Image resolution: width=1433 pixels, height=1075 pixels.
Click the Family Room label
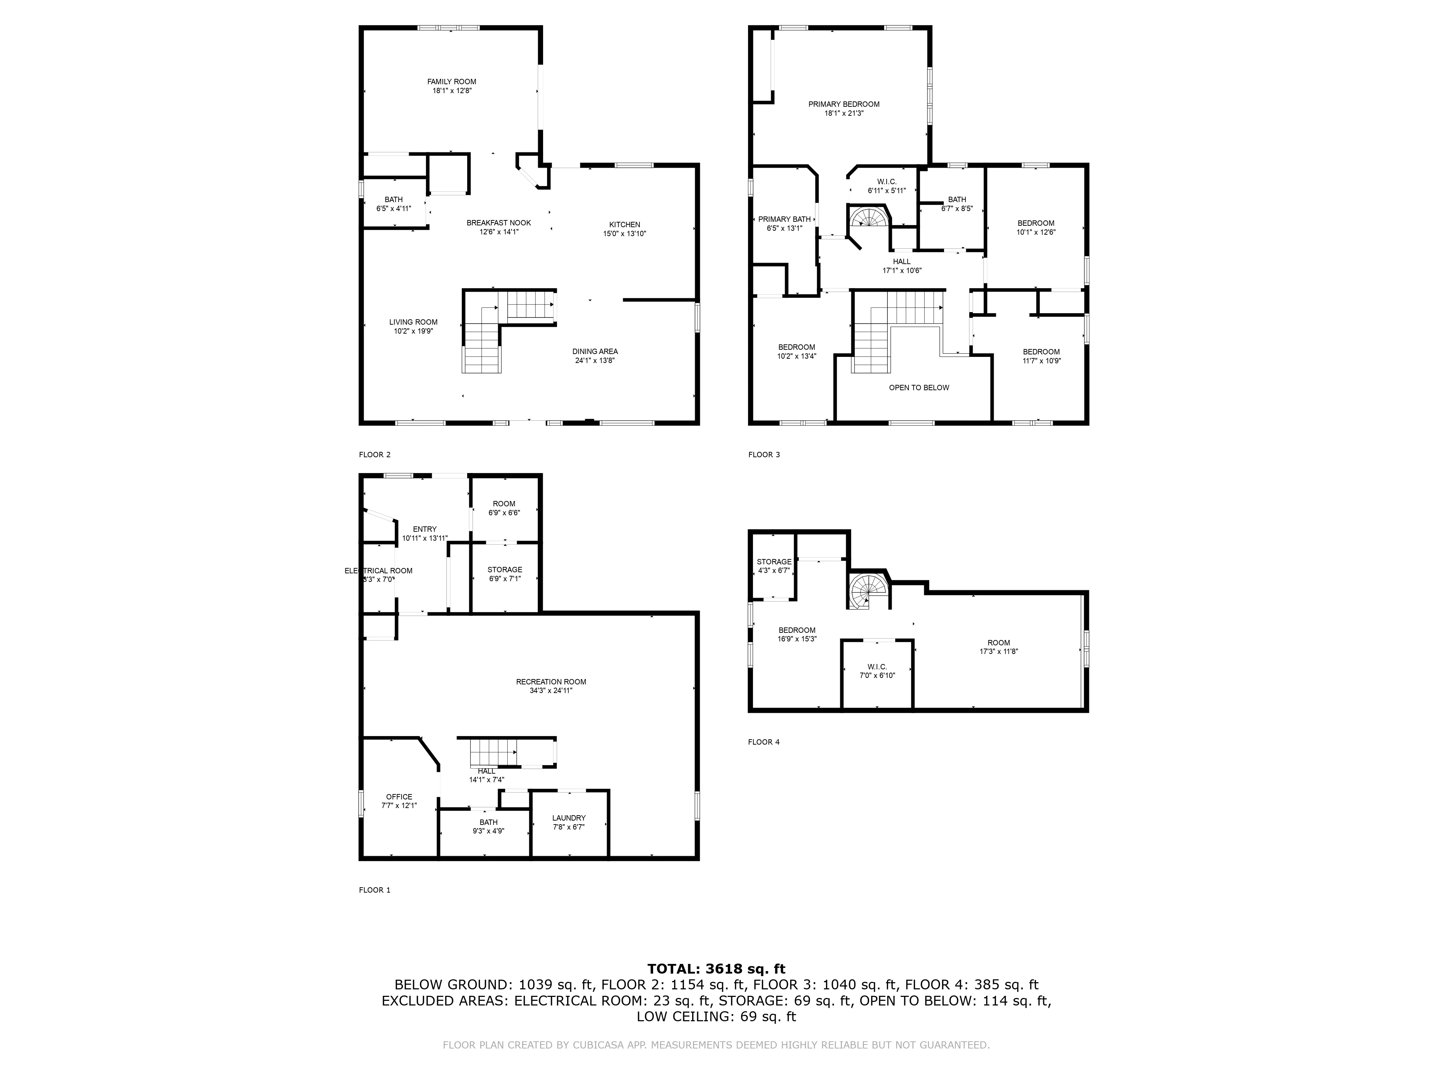click(x=451, y=82)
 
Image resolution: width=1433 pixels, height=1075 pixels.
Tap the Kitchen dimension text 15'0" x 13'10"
click(x=624, y=234)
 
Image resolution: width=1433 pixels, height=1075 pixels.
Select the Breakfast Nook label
click(x=499, y=223)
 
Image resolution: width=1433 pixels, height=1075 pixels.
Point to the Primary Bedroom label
click(x=843, y=104)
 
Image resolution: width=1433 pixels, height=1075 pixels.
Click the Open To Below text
click(x=919, y=387)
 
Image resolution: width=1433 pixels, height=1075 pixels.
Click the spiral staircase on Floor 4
click(x=868, y=590)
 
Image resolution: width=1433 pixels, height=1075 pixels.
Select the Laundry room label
click(x=569, y=818)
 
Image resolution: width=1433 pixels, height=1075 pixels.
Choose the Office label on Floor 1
click(x=399, y=797)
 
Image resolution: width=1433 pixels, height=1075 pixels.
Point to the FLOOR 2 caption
click(x=374, y=454)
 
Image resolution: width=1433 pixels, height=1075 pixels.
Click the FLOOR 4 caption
click(x=764, y=742)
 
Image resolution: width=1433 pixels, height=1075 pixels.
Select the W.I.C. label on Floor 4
click(x=877, y=667)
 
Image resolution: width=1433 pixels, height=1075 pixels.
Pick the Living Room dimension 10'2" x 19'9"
click(x=413, y=331)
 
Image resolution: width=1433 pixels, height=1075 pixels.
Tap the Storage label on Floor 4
click(x=774, y=562)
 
